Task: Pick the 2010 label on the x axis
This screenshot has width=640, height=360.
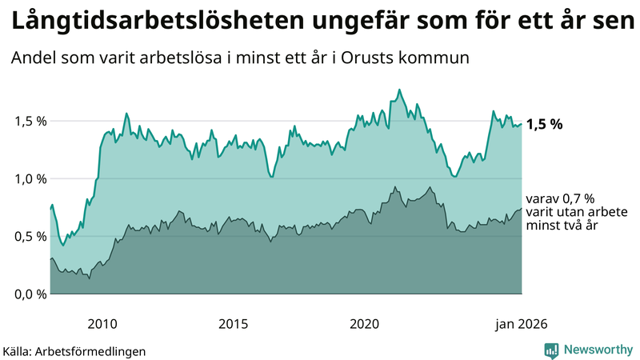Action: (102, 324)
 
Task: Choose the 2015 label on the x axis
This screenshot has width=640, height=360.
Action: (233, 324)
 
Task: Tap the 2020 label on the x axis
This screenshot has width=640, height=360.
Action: (364, 324)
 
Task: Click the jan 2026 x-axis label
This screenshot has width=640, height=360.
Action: (521, 324)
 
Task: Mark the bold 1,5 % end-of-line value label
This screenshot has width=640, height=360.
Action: (545, 124)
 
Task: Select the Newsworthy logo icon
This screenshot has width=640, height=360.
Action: (551, 350)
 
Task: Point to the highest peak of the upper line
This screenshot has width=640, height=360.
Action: (400, 90)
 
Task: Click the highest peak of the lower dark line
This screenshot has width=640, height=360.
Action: (394, 187)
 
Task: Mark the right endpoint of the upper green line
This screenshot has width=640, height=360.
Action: (522, 124)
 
